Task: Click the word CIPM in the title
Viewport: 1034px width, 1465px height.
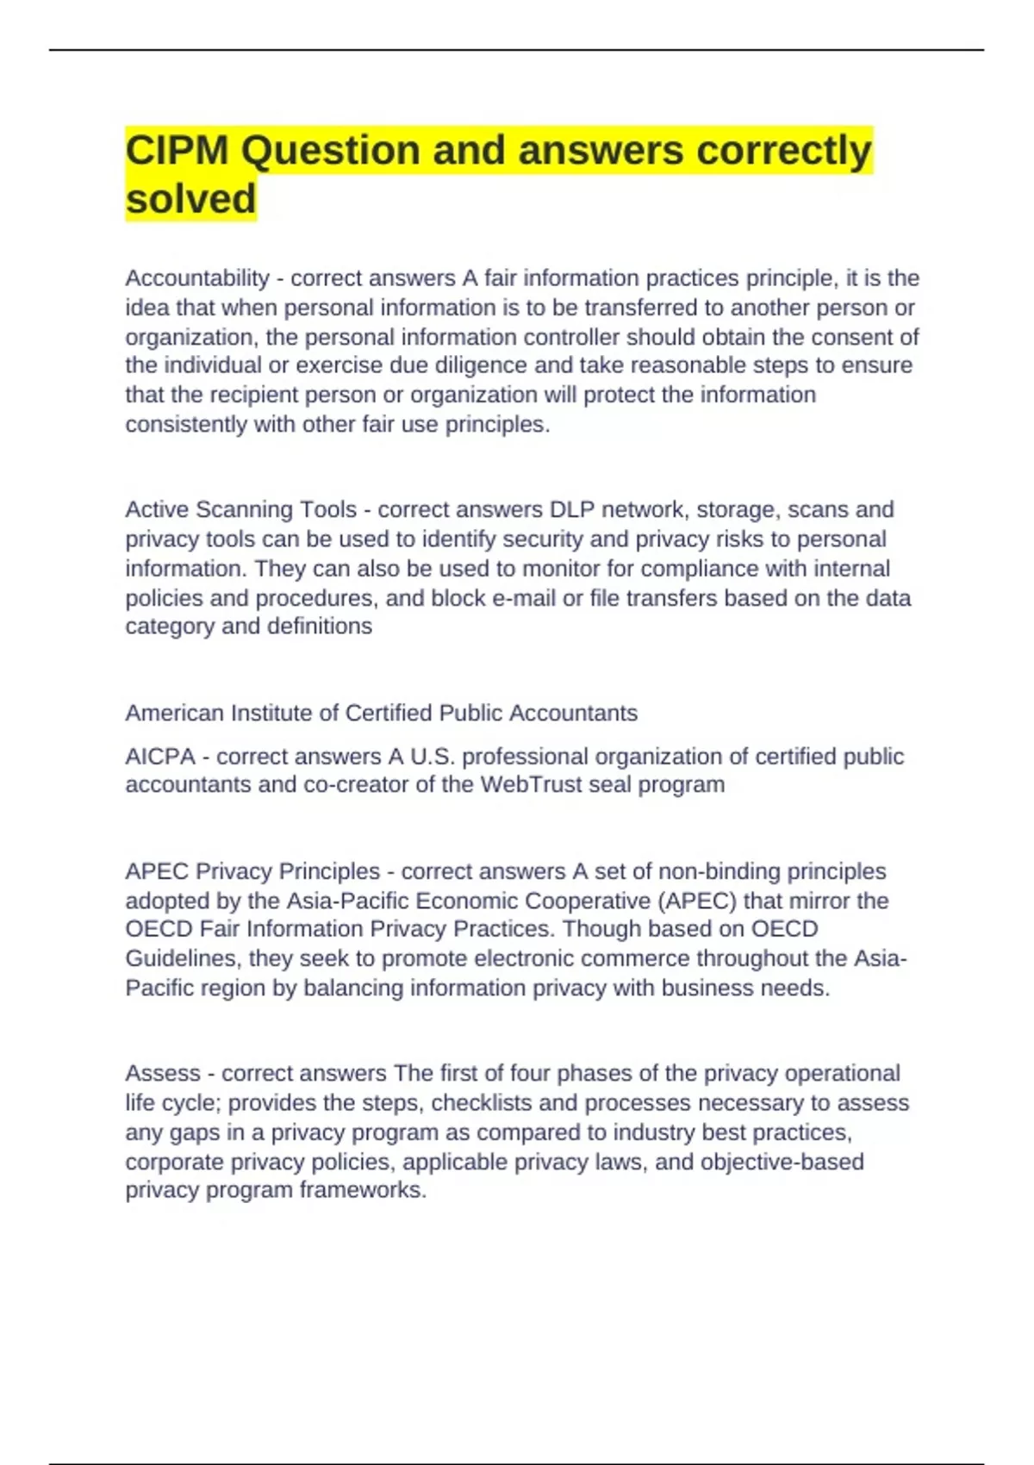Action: pos(178,151)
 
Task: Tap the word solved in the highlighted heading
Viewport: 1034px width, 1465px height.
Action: pos(190,199)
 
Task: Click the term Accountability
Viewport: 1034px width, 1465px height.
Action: pos(197,278)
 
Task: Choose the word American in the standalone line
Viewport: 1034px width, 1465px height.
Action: pos(177,714)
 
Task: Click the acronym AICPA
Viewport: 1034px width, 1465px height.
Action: pos(160,757)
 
